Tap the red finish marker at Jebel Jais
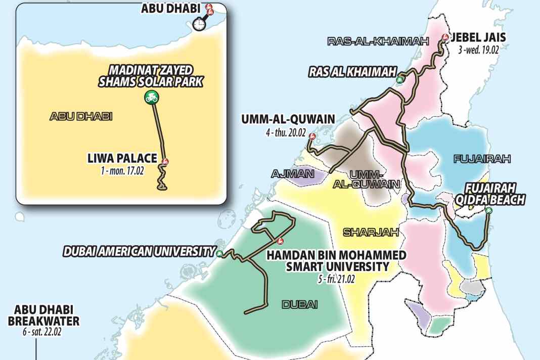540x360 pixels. coord(445,37)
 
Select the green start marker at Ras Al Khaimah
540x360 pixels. coord(399,79)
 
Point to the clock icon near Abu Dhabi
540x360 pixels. coord(200,23)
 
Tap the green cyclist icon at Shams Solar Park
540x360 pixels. coord(151,98)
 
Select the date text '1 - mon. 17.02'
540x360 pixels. coord(122,171)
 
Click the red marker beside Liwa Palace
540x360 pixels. coord(164,161)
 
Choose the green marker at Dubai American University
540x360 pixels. coord(219,253)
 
